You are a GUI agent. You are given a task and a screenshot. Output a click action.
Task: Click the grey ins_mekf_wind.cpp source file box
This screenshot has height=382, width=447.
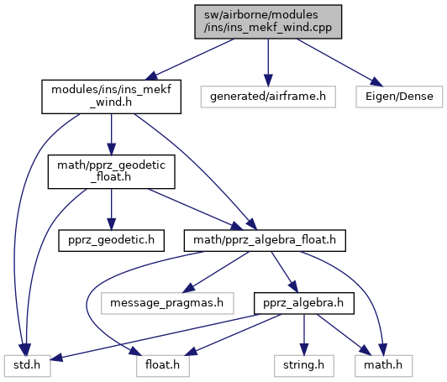pyautogui.click(x=268, y=22)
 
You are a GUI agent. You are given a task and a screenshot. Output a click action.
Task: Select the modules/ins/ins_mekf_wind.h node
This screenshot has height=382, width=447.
pyautogui.click(x=111, y=97)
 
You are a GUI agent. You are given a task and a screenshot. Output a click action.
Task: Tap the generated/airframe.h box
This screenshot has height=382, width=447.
pyautogui.click(x=268, y=97)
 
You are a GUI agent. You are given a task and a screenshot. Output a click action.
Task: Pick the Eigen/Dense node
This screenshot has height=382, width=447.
pyautogui.click(x=399, y=97)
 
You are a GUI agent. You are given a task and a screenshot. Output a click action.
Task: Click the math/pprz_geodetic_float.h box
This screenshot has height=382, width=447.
pyautogui.click(x=111, y=172)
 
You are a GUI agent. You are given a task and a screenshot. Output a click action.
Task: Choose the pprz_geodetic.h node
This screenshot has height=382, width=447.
pyautogui.click(x=111, y=241)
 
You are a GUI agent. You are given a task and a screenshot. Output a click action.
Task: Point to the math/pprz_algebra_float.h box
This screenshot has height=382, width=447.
pyautogui.click(x=265, y=241)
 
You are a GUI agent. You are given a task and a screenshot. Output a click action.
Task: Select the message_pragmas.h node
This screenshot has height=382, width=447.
pyautogui.click(x=167, y=303)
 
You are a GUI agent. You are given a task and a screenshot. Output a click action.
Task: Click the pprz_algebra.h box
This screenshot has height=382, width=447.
pyautogui.click(x=304, y=303)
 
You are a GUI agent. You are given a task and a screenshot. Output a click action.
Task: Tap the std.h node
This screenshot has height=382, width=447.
pyautogui.click(x=28, y=366)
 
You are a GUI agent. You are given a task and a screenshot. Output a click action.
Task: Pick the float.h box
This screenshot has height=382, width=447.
pyautogui.click(x=163, y=366)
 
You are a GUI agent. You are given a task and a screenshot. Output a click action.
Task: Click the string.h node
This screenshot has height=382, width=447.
pyautogui.click(x=304, y=366)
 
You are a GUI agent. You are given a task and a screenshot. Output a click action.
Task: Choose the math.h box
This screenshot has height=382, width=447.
pyautogui.click(x=383, y=366)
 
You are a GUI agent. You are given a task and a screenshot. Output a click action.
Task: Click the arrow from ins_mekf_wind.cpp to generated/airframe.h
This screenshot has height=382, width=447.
pyautogui.click(x=268, y=62)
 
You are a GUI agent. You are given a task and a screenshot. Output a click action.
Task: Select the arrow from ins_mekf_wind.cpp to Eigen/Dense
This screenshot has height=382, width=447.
pyautogui.click(x=339, y=62)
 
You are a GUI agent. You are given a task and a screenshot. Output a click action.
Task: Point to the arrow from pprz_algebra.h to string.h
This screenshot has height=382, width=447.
pyautogui.click(x=304, y=335)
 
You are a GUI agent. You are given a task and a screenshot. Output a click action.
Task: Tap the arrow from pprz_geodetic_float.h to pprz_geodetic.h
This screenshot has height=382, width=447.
pyautogui.click(x=111, y=209)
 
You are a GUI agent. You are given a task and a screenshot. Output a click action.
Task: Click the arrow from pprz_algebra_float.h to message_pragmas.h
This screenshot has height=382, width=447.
pyautogui.click(x=215, y=272)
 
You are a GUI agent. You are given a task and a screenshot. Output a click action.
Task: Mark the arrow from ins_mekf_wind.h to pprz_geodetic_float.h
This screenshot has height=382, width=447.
pyautogui.click(x=111, y=134)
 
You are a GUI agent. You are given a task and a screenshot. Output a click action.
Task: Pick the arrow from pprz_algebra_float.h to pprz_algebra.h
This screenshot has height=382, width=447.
pyautogui.click(x=284, y=272)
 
